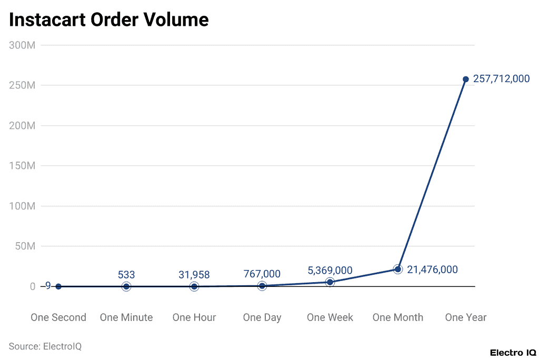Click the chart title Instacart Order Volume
[x=109, y=19]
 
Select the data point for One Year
[x=466, y=79]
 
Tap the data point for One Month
[x=398, y=269]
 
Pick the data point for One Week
[x=330, y=282]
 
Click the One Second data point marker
[x=58, y=286]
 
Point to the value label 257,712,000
[x=501, y=79]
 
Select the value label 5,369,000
[x=330, y=271]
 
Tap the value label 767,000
[x=262, y=274]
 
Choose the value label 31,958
[x=194, y=274]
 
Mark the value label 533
[x=126, y=274]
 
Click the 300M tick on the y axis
[x=23, y=45]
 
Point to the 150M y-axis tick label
[x=23, y=166]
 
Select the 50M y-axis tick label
[x=25, y=246]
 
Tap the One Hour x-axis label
[x=194, y=317]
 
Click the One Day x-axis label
[x=262, y=317]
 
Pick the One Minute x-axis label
[x=126, y=317]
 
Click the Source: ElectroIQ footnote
[x=45, y=346]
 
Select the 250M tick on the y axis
[x=23, y=85]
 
